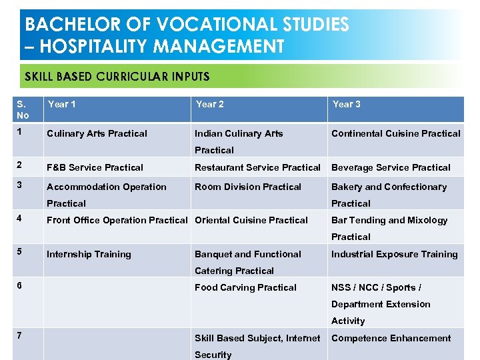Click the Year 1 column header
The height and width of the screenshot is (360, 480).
pos(62,105)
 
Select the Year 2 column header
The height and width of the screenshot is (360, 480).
pos(209,105)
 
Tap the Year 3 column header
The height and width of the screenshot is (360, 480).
pos(347,105)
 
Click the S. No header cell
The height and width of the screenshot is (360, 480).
pos(24,109)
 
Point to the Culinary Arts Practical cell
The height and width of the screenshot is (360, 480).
pos(97,133)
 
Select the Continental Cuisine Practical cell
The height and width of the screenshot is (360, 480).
pos(395,133)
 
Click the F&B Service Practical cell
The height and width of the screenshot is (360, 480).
pos(95,167)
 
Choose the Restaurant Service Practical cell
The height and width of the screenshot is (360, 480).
pos(257,167)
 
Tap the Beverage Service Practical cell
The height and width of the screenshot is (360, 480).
pos(391,167)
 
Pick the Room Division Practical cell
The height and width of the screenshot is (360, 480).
pos(247,187)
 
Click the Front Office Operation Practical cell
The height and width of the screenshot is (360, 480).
pos(117,220)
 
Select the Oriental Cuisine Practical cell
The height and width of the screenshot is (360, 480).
pos(251,220)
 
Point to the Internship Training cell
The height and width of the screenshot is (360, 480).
pos(89,254)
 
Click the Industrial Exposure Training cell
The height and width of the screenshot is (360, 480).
pos(394,254)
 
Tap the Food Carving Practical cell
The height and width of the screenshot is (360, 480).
pos(245,287)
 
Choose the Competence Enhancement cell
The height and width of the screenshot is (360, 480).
pos(391,338)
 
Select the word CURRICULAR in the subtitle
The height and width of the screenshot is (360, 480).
pos(131,77)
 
